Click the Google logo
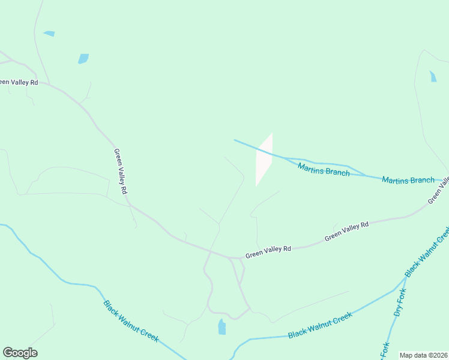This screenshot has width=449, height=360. [x=20, y=353]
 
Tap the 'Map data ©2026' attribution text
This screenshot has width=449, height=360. [x=423, y=355]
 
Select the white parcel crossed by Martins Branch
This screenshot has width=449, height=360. [x=264, y=160]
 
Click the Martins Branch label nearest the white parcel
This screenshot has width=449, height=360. [x=324, y=169]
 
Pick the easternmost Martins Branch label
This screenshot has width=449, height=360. [x=408, y=179]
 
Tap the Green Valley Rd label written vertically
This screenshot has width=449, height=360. [x=121, y=171]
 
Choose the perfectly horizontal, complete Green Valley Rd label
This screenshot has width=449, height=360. [x=268, y=251]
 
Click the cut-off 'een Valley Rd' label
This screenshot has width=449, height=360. [x=19, y=82]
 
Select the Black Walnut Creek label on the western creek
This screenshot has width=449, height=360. [x=131, y=321]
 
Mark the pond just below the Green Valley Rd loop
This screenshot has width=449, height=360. [x=222, y=327]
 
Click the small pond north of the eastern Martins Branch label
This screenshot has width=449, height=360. [x=433, y=76]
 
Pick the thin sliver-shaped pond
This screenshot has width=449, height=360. [x=49, y=34]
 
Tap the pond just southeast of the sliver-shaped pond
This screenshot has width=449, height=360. [x=83, y=59]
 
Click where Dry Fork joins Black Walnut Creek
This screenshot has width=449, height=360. [x=406, y=278]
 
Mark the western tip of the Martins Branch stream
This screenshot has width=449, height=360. [x=235, y=140]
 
